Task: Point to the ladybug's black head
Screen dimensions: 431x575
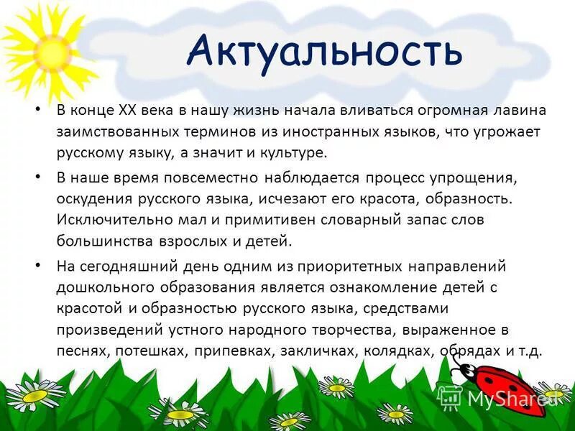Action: click(465, 372)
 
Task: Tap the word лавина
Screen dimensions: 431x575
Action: click(518, 111)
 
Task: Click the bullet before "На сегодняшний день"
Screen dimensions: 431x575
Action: click(36, 266)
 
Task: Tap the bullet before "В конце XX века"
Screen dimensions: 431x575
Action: click(36, 111)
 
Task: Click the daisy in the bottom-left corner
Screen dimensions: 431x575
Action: click(34, 394)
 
